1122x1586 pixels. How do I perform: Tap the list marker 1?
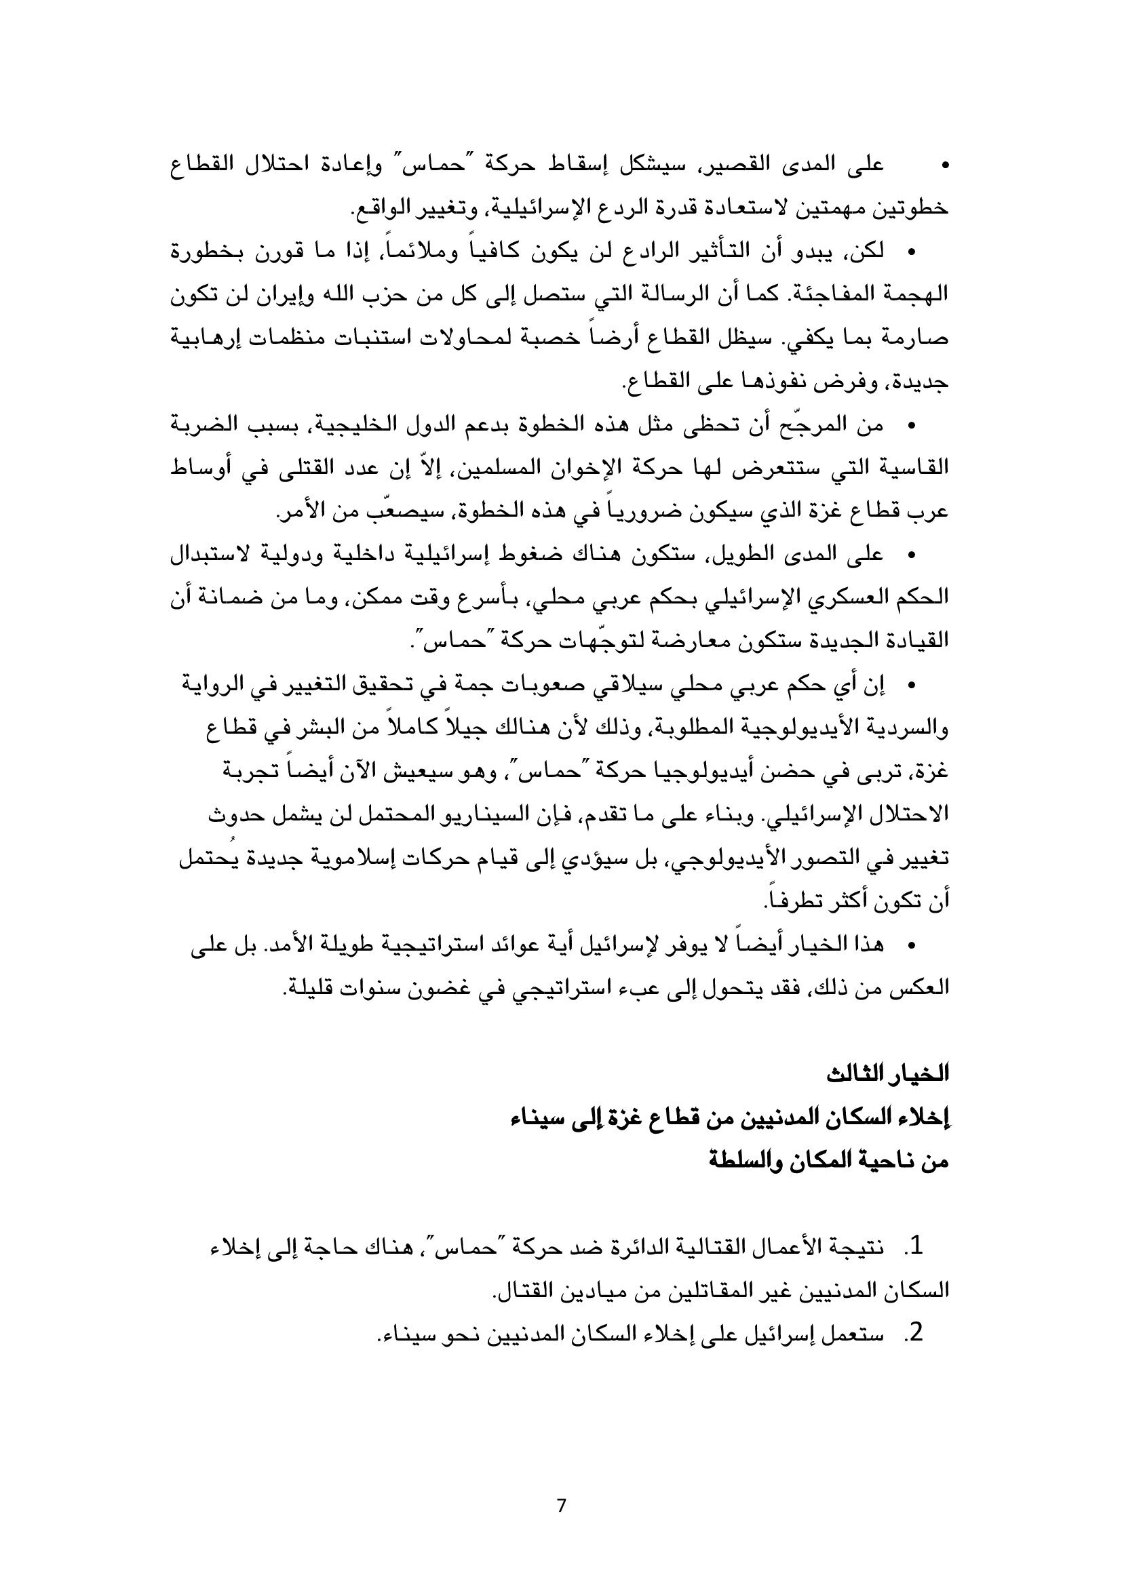[914, 1247]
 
